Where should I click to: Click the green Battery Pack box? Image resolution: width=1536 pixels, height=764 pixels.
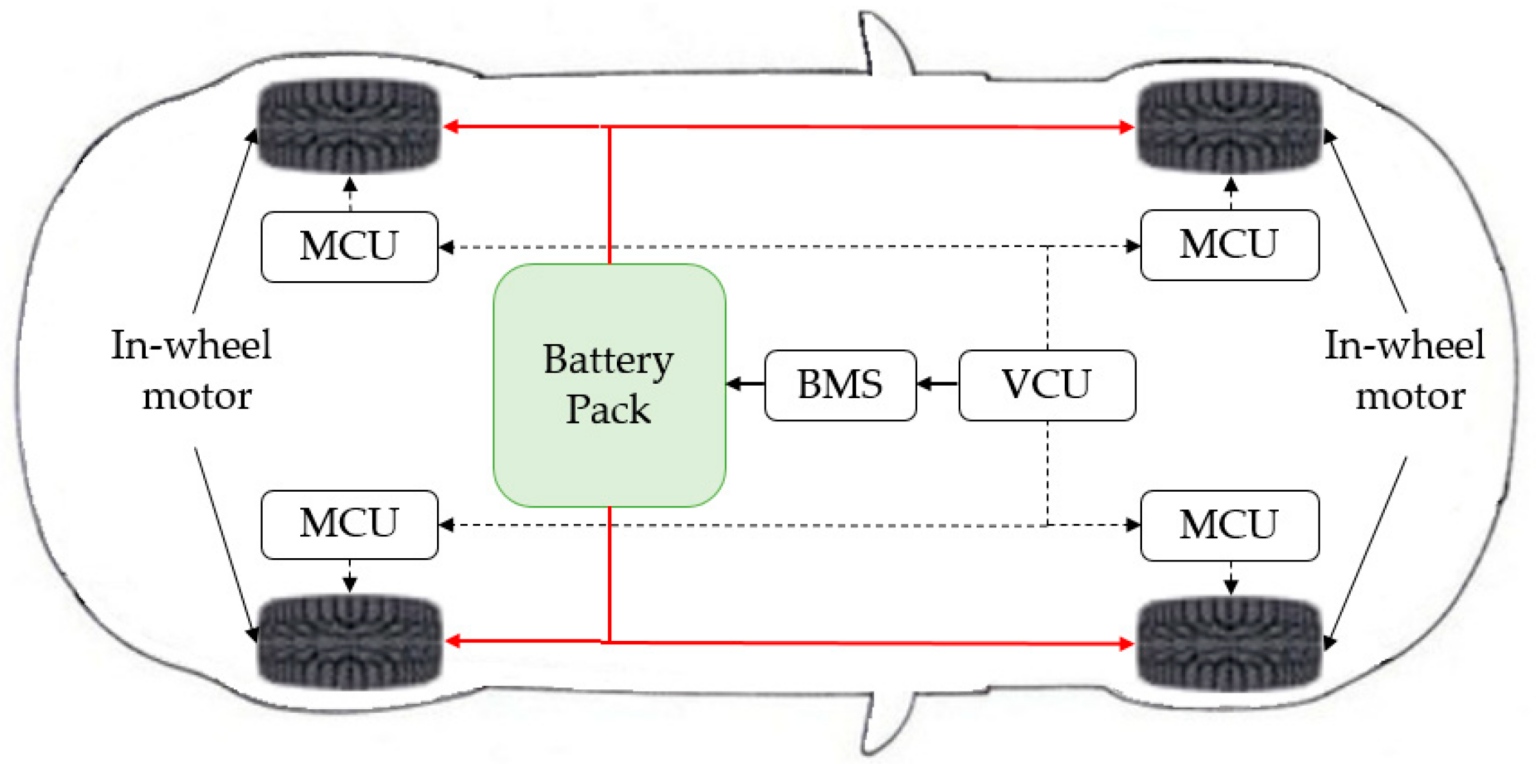click(609, 385)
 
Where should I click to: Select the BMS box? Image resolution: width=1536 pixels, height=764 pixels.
click(841, 385)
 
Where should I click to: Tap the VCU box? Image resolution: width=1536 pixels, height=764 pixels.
click(1047, 385)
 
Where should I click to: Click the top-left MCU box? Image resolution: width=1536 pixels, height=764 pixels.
click(349, 245)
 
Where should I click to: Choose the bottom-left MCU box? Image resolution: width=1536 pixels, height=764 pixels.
click(349, 524)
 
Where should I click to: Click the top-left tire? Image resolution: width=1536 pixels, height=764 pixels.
click(349, 127)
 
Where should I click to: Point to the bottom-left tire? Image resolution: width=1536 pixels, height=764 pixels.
click(349, 641)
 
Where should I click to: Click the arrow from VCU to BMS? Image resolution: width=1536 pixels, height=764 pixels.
click(938, 384)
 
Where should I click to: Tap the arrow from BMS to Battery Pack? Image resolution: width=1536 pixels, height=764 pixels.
click(746, 384)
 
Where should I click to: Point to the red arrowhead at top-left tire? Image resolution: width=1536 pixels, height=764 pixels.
click(451, 127)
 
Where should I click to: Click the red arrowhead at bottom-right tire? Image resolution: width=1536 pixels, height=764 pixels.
click(1128, 642)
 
